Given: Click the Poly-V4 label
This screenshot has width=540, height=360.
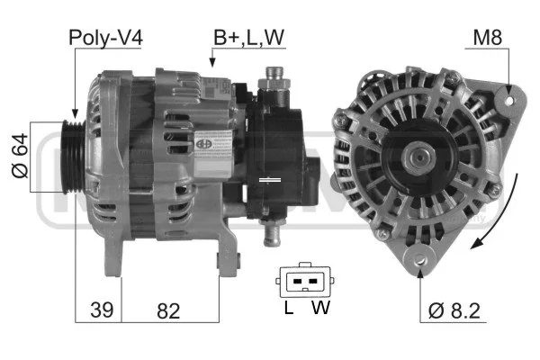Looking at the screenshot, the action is [x=105, y=38].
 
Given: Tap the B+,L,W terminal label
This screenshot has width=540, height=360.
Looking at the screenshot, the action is [x=249, y=38].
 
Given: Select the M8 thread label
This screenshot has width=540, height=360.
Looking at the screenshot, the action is [x=487, y=37].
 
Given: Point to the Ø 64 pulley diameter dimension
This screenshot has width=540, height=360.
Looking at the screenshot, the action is [x=20, y=156].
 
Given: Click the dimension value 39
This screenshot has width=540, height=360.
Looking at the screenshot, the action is [x=102, y=310].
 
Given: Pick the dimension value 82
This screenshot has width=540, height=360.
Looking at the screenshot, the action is [x=168, y=310].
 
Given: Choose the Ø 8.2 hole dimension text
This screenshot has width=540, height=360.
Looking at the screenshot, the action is [x=454, y=311].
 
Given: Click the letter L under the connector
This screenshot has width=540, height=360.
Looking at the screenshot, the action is [x=289, y=307].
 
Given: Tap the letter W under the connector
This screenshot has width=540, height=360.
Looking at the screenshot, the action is [x=320, y=307].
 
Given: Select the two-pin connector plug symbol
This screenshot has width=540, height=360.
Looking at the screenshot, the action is [x=305, y=280].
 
